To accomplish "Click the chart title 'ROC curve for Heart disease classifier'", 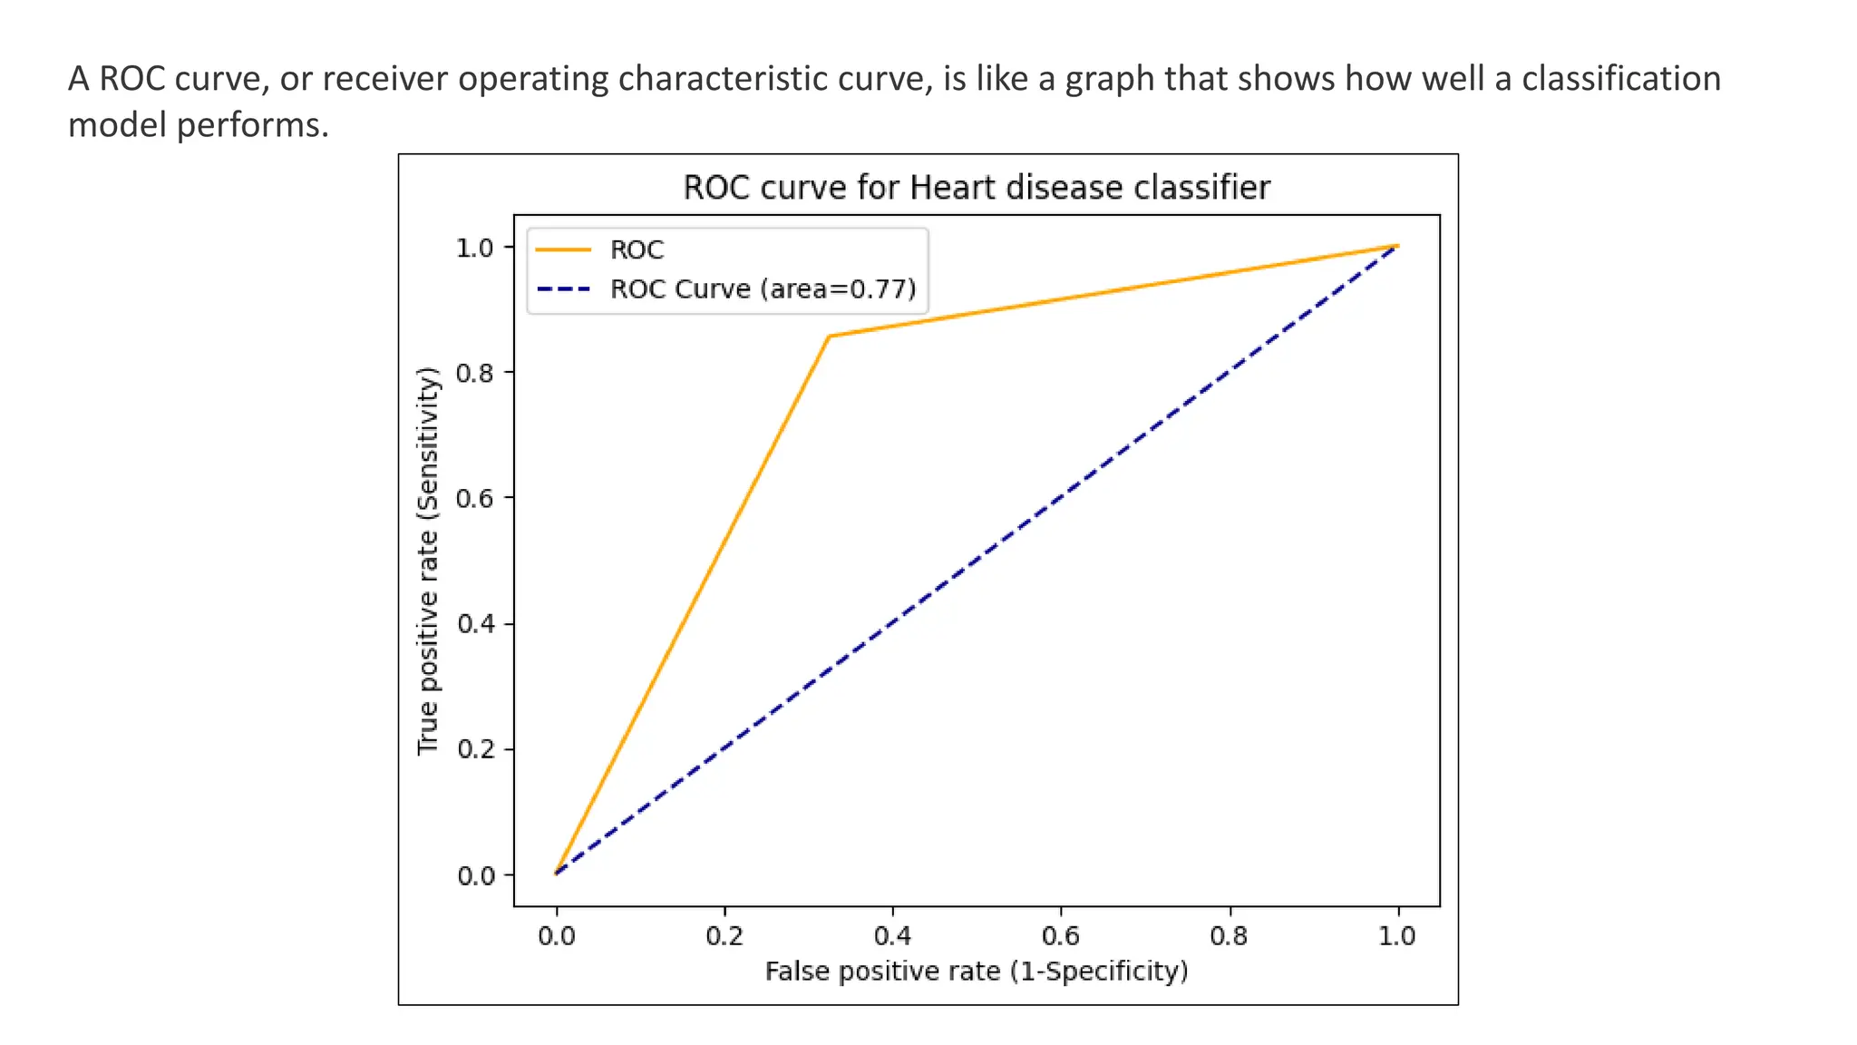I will tap(976, 188).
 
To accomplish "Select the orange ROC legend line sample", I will tap(563, 249).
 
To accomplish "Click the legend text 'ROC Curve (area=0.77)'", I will tap(763, 289).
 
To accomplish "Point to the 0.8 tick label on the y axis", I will tap(475, 373).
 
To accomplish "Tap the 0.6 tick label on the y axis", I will tap(475, 499).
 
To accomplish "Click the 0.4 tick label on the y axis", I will tap(475, 624).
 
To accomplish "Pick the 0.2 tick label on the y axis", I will tap(475, 750).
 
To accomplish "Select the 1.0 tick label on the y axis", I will tap(475, 248).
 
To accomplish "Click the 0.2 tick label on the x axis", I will tap(724, 936).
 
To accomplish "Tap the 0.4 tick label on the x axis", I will tap(892, 936).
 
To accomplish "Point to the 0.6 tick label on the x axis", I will tap(1061, 936).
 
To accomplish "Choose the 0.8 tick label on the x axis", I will tap(1229, 936).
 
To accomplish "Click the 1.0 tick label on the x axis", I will tap(1396, 936).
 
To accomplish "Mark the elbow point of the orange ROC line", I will tap(829, 337).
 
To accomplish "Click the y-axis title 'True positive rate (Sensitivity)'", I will tap(428, 561).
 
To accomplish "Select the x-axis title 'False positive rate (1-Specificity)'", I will tap(976, 972).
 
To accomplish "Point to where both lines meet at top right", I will tap(1396, 246).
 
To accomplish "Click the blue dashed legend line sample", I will tap(563, 289).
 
